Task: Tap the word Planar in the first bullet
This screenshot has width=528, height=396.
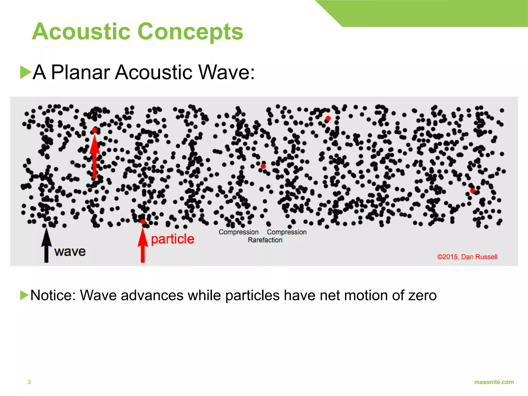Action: coord(81,72)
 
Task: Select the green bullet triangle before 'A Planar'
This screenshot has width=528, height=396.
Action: coord(25,72)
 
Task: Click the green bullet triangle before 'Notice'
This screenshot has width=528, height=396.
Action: coord(24,295)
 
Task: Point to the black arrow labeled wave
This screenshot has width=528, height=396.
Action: coord(46,245)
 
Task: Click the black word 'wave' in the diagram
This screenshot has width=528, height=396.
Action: coord(70,252)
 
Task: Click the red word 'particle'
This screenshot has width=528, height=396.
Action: coord(172,239)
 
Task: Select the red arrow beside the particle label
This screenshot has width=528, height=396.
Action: coord(143,245)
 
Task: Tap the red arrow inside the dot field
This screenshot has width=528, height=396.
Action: coord(95,157)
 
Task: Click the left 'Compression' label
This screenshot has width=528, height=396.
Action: coord(238,232)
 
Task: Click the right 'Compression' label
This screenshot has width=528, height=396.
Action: coord(287,232)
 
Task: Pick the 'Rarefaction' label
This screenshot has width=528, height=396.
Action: coord(265,240)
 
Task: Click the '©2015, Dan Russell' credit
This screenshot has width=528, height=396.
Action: coord(467,257)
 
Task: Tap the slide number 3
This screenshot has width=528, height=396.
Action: coord(29,382)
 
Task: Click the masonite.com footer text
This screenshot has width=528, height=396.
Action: coord(494,382)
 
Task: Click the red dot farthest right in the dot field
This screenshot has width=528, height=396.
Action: coord(473,191)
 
